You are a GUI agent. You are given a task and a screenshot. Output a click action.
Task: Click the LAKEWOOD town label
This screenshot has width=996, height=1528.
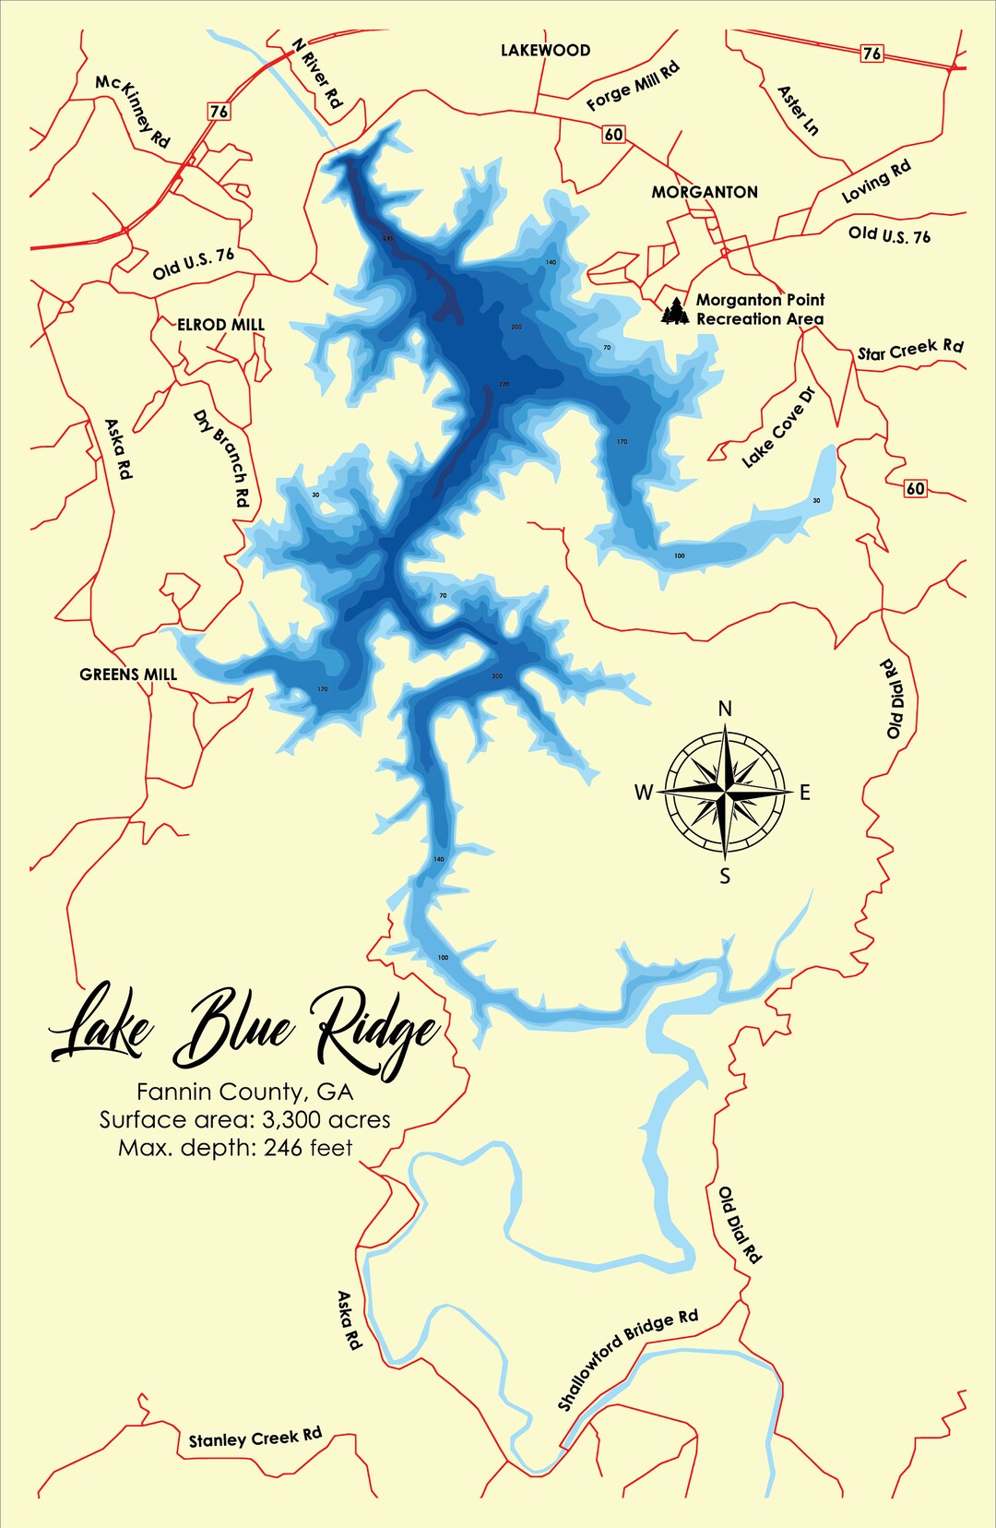click(x=545, y=51)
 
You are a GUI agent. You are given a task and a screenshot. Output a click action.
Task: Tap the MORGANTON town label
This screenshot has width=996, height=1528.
click(x=705, y=192)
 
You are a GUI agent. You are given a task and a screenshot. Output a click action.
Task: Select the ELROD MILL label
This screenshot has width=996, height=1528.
click(x=220, y=325)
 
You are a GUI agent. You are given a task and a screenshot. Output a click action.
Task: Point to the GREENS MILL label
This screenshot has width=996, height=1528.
click(x=128, y=674)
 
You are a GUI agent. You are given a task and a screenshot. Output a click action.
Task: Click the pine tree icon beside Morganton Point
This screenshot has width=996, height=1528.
click(x=675, y=311)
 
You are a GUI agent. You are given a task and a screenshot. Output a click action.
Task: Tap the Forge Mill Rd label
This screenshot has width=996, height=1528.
click(x=633, y=86)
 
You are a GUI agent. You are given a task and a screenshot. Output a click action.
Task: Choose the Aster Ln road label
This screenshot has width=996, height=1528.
click(x=798, y=110)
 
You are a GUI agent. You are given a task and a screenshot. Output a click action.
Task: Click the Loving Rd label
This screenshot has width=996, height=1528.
click(x=876, y=181)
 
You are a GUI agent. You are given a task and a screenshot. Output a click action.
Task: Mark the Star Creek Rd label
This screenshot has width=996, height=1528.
click(x=910, y=350)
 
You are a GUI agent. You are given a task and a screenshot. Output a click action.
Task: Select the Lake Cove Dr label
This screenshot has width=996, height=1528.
click(x=779, y=428)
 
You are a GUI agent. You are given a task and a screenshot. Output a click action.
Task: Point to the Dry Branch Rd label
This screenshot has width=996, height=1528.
click(x=221, y=459)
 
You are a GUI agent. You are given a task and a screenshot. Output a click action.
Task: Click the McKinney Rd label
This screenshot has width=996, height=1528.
click(x=133, y=111)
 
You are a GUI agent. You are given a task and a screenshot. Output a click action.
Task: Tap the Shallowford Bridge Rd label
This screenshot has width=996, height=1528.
click(x=627, y=1359)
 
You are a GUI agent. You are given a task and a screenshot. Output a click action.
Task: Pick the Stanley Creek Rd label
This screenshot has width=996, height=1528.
click(x=255, y=1438)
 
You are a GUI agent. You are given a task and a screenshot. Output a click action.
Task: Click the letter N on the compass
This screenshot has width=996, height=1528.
click(x=725, y=709)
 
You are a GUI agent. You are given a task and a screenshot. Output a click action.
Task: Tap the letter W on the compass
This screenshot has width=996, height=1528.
click(x=644, y=792)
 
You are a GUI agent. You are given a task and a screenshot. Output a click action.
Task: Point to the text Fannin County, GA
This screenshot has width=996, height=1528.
click(x=245, y=1092)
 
